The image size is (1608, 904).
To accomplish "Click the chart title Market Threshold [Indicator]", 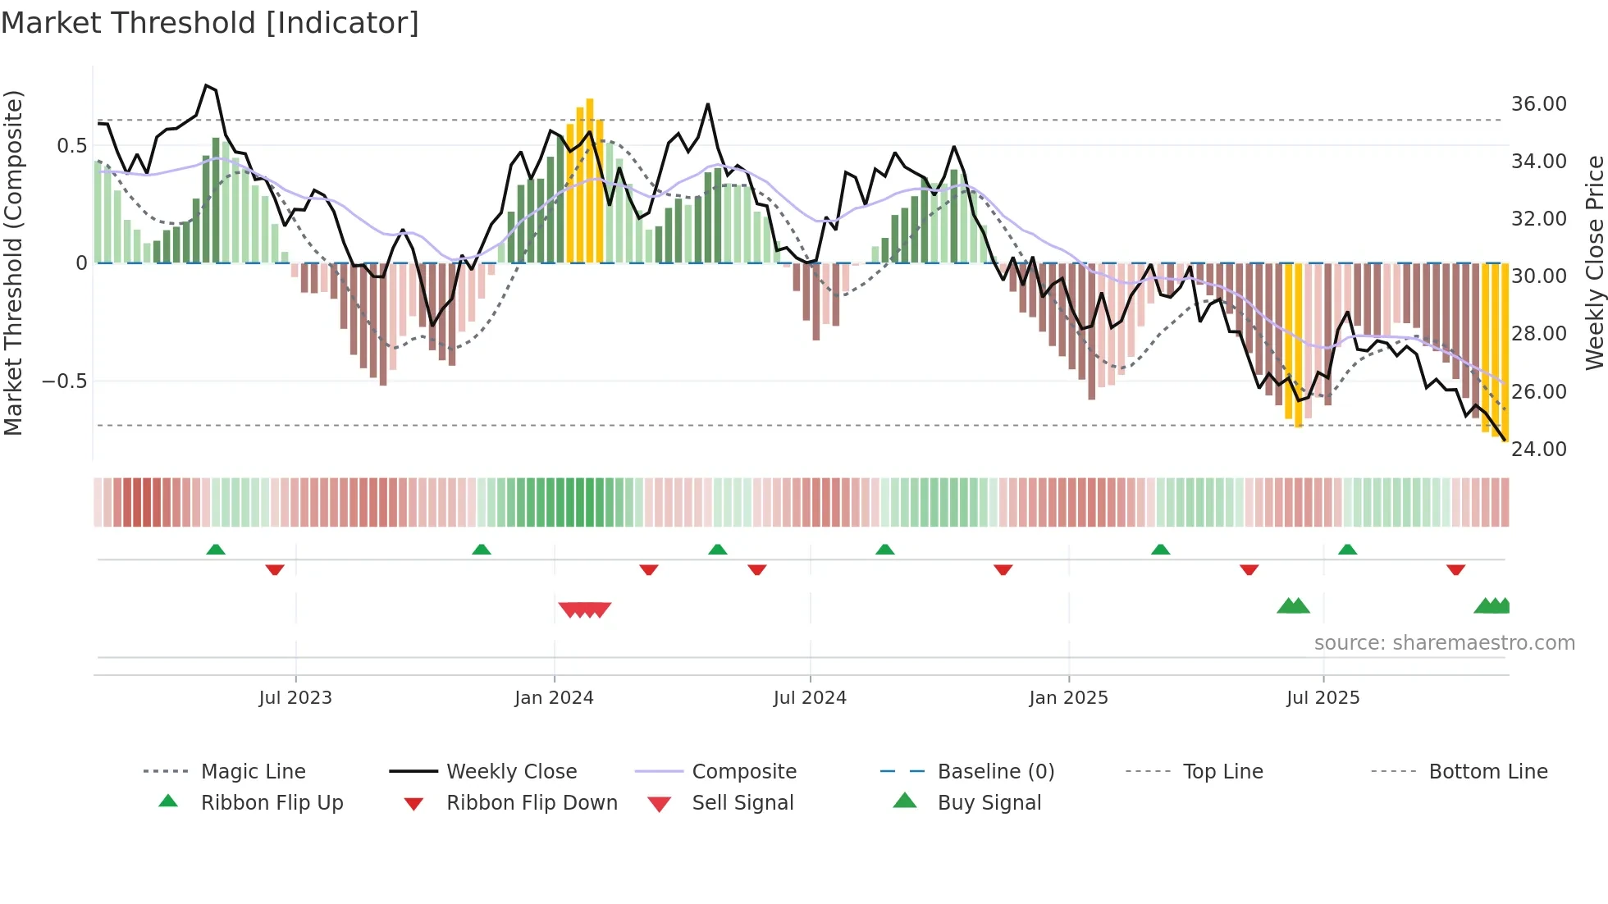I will click(210, 23).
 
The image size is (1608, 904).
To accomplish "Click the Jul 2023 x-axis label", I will click(295, 698).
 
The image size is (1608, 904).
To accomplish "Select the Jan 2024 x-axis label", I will click(554, 698).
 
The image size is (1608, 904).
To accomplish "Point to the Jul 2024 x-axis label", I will click(810, 698).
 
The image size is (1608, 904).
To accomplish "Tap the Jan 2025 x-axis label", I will click(1068, 698).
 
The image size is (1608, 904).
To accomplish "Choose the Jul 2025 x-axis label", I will click(1322, 698).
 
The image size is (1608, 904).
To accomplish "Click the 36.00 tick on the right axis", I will click(1538, 104).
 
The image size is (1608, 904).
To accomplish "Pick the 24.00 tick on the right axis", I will click(1538, 450).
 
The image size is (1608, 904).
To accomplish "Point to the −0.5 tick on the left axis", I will click(64, 381).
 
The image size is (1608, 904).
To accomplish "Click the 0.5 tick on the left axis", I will click(71, 146).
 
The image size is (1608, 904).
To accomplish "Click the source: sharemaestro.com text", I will click(1444, 643).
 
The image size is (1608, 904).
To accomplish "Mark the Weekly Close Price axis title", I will click(1594, 263).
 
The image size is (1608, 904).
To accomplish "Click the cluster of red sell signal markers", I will click(585, 610).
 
